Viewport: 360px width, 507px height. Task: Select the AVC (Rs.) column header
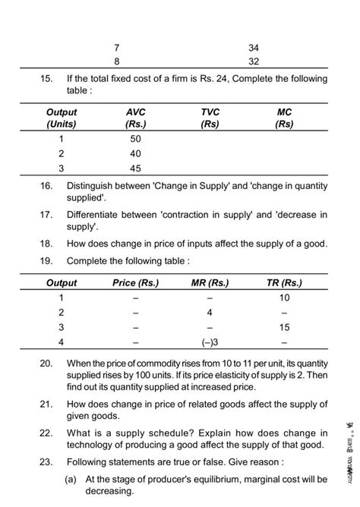click(x=137, y=118)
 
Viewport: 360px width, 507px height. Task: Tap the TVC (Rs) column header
click(x=210, y=118)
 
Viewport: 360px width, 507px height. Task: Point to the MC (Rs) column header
click(x=285, y=118)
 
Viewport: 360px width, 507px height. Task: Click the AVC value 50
click(x=136, y=139)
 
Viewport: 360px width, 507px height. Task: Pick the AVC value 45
click(x=136, y=169)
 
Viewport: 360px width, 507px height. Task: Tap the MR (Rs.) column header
click(x=210, y=283)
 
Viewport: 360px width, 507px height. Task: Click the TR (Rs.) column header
click(x=285, y=283)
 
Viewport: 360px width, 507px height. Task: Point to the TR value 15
click(x=285, y=327)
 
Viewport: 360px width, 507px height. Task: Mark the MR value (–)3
click(x=210, y=342)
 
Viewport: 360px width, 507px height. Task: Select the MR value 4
click(x=210, y=312)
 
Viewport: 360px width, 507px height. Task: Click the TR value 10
click(x=285, y=298)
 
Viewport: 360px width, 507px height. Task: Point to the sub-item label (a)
click(x=73, y=479)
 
